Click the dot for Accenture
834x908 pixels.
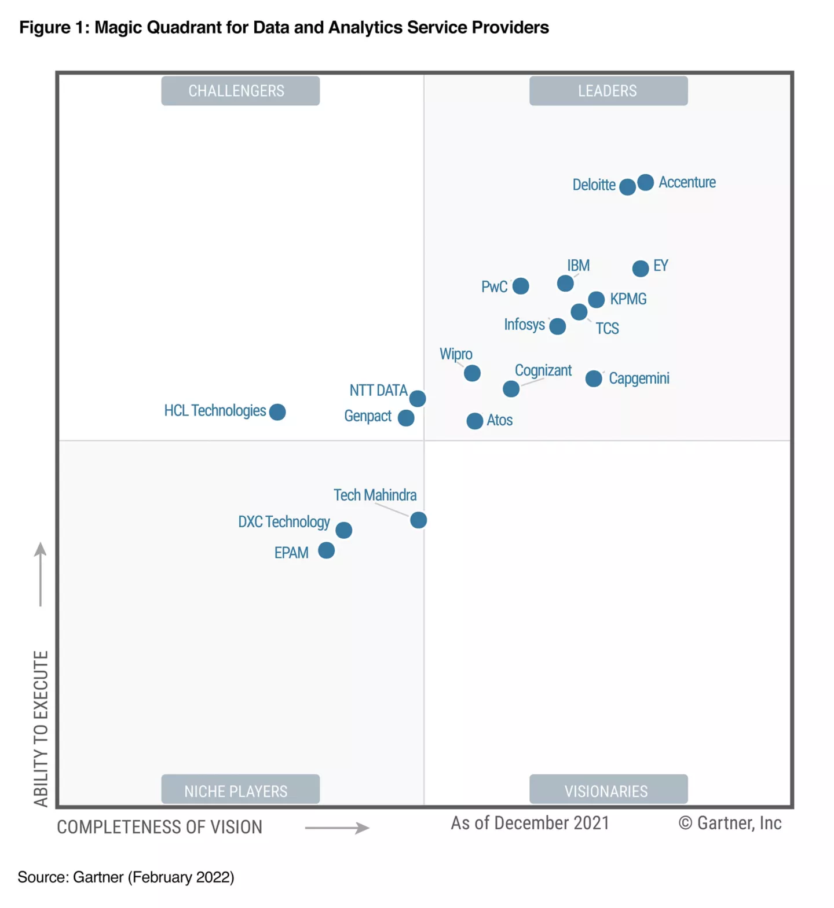point(645,182)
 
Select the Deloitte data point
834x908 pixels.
point(627,187)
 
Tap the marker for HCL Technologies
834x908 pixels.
point(277,411)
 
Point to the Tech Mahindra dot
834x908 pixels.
point(418,520)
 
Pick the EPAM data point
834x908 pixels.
point(326,550)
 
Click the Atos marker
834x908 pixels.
point(474,421)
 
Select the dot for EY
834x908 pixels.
point(640,269)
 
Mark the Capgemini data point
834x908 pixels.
point(593,378)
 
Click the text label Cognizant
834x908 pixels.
point(543,370)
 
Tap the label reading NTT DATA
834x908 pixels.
point(378,391)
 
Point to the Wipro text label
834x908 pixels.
point(456,354)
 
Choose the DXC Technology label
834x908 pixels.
point(284,521)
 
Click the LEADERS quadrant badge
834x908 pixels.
point(608,91)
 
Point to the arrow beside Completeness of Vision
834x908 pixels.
point(337,828)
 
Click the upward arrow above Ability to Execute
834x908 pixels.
point(40,573)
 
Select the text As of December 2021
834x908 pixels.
point(530,823)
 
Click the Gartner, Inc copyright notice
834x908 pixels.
point(730,823)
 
